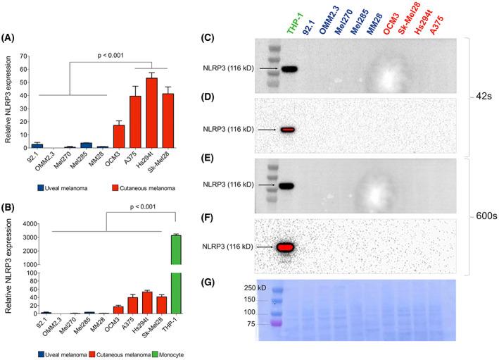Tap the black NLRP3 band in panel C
click(289, 69)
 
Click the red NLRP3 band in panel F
click(286, 247)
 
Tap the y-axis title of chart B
click(8, 269)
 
